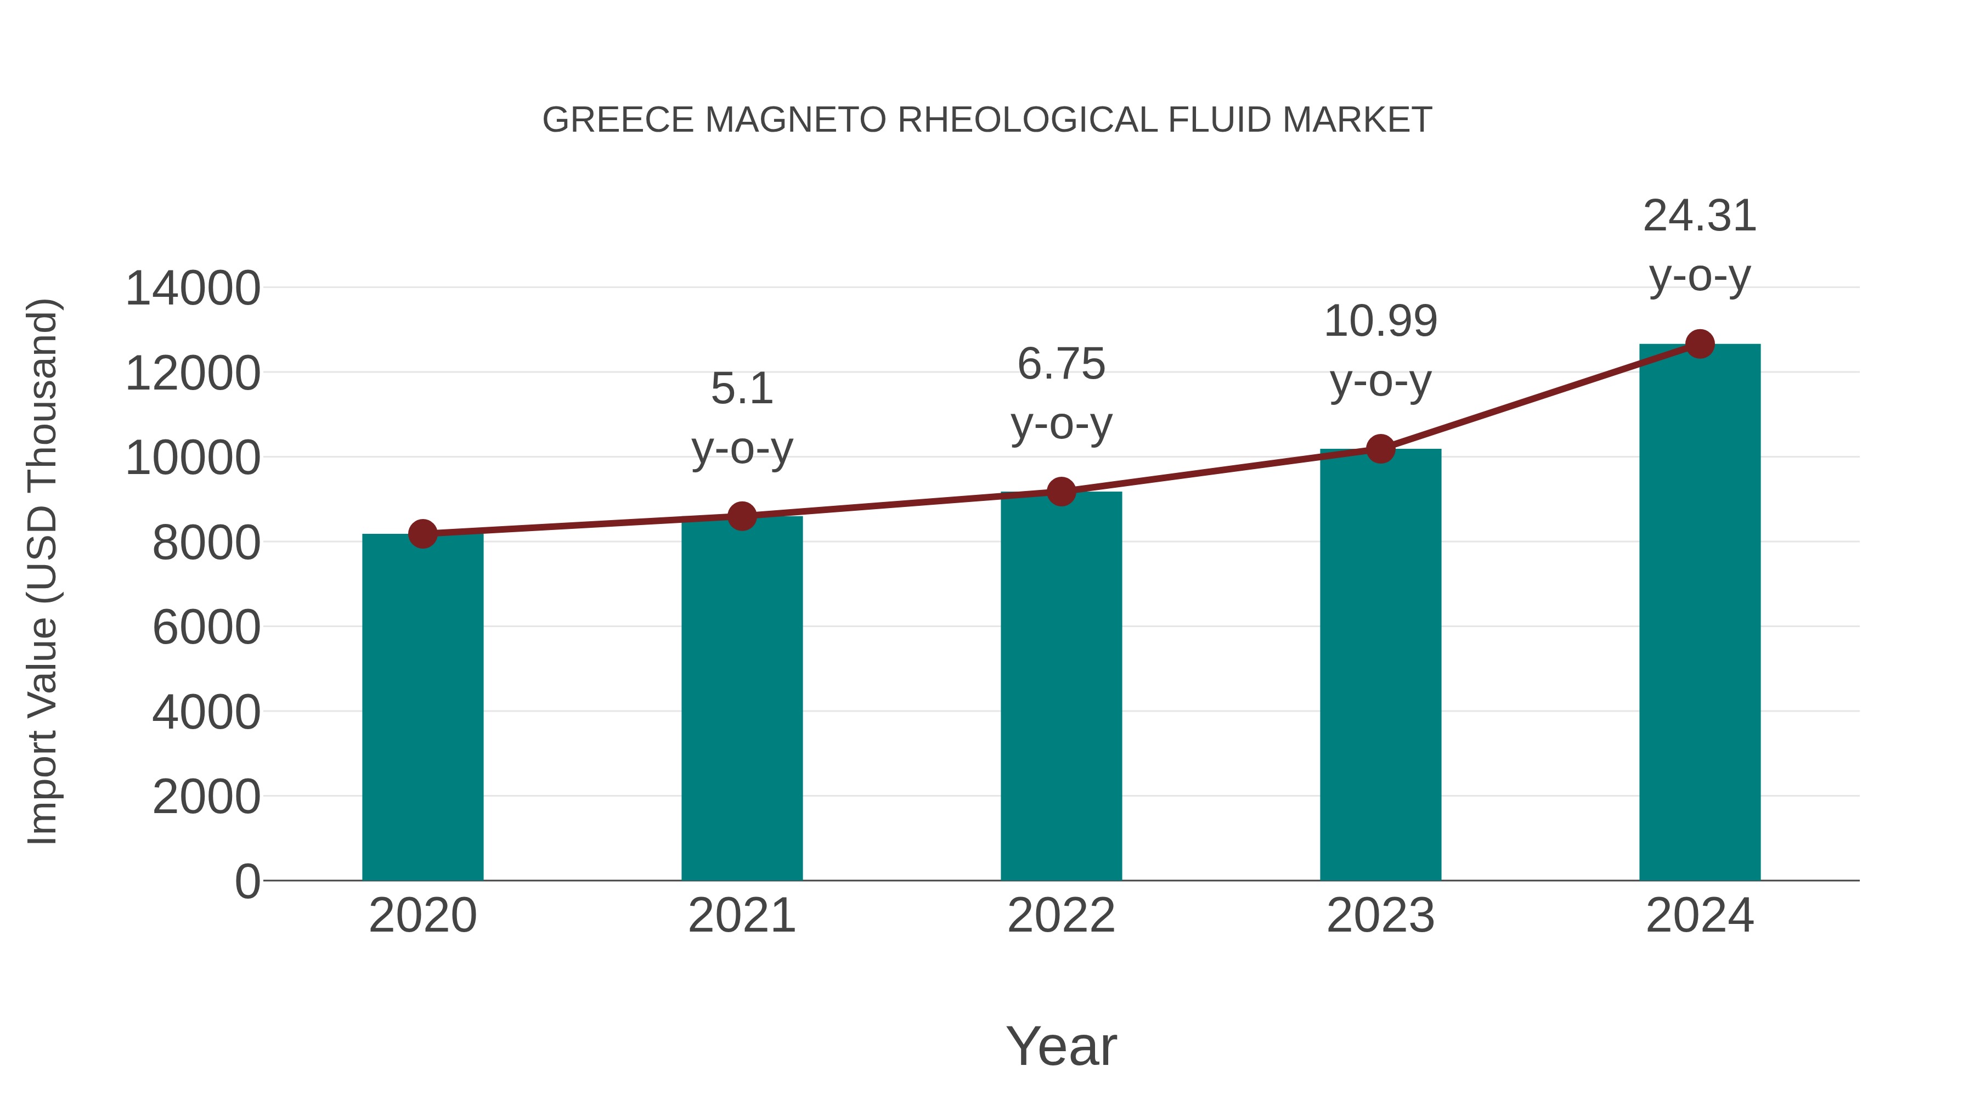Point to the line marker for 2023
1380,449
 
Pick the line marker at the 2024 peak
1700,344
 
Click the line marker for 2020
422,534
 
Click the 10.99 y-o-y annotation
1380,351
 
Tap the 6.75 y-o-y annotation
1061,393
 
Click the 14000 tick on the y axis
193,289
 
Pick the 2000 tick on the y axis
206,797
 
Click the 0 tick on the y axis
247,881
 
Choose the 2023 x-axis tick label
1380,916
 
